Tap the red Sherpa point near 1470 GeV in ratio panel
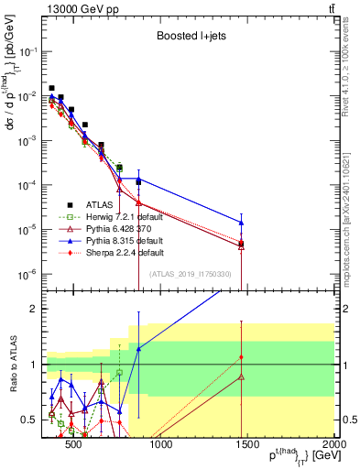coord(241,357)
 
